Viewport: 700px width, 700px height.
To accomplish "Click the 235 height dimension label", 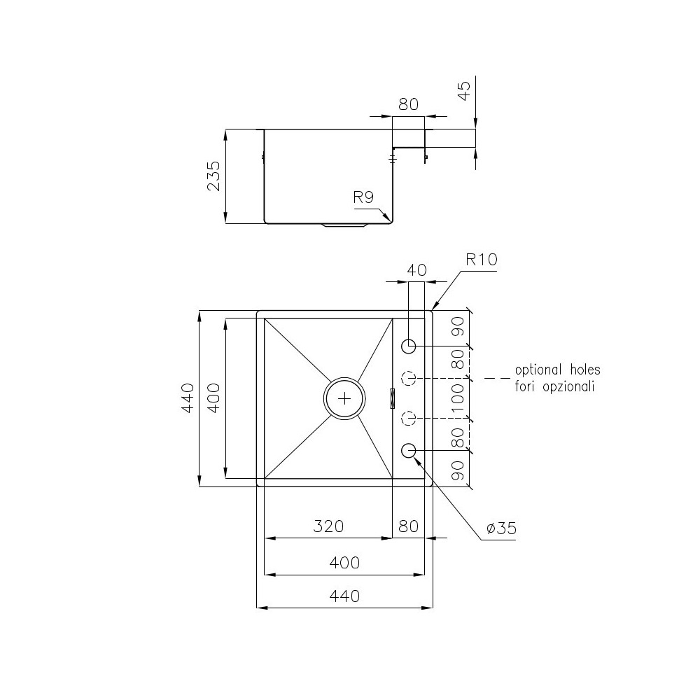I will (214, 176).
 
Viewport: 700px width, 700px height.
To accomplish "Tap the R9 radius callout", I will (363, 197).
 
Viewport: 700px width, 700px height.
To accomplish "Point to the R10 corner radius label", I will (481, 260).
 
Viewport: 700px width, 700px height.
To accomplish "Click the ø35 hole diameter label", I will (500, 528).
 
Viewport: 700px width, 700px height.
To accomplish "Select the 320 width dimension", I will (329, 526).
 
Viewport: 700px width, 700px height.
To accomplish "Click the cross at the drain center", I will (344, 398).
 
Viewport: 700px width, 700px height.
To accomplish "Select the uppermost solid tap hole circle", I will (409, 346).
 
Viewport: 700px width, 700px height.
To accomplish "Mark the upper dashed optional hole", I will (409, 379).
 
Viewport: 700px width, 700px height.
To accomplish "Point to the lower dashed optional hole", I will (409, 419).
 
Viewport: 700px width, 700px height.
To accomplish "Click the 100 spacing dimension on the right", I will (458, 398).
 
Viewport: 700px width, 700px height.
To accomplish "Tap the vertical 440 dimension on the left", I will (187, 398).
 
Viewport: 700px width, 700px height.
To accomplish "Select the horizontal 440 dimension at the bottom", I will (344, 596).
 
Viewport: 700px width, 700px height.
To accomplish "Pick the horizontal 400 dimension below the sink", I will (344, 563).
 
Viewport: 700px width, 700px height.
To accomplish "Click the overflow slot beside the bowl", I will (393, 398).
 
